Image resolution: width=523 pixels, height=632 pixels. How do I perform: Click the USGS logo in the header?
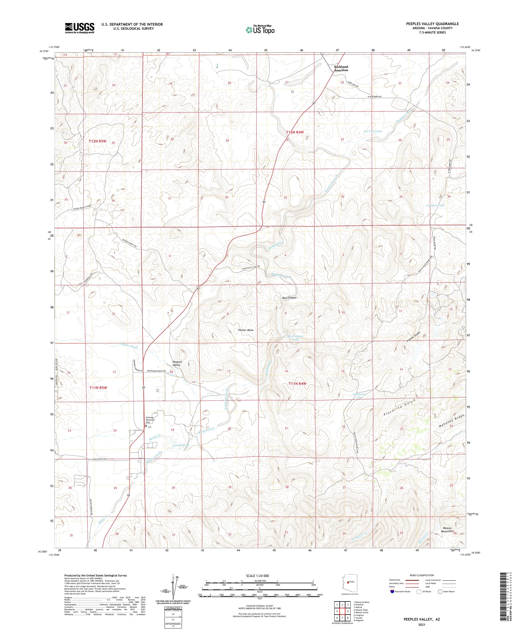click(80, 28)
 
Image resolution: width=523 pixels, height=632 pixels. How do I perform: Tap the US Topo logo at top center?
click(260, 29)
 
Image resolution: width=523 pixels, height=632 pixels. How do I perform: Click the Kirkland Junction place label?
click(341, 68)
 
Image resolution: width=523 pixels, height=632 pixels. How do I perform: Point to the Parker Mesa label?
click(245, 330)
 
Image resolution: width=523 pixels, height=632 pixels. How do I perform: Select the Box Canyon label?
click(289, 298)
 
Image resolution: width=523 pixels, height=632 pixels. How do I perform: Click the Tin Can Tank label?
click(373, 131)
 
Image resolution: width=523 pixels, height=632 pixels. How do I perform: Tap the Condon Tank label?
click(435, 205)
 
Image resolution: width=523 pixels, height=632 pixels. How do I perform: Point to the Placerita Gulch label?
click(399, 408)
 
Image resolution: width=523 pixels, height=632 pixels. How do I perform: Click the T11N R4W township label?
click(297, 383)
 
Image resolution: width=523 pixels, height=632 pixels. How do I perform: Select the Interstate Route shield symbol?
click(392, 591)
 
